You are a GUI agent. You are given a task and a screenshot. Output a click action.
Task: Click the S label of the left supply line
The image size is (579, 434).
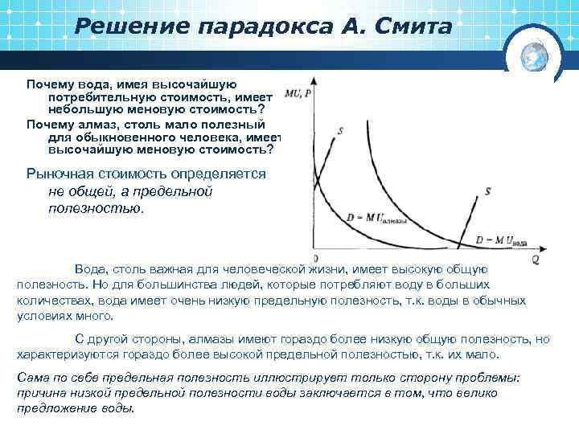pyautogui.click(x=341, y=130)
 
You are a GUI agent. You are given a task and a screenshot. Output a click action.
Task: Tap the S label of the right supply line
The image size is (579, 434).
pyautogui.click(x=488, y=191)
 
